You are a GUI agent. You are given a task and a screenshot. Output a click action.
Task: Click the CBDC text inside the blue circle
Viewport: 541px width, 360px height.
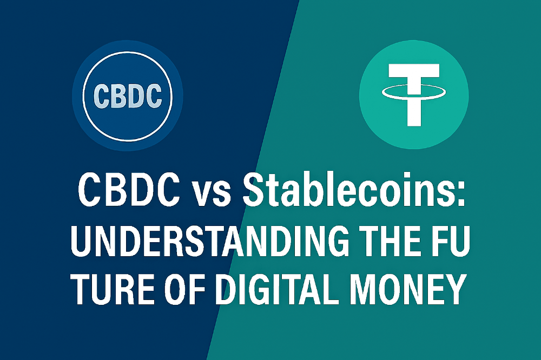[x=128, y=96]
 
